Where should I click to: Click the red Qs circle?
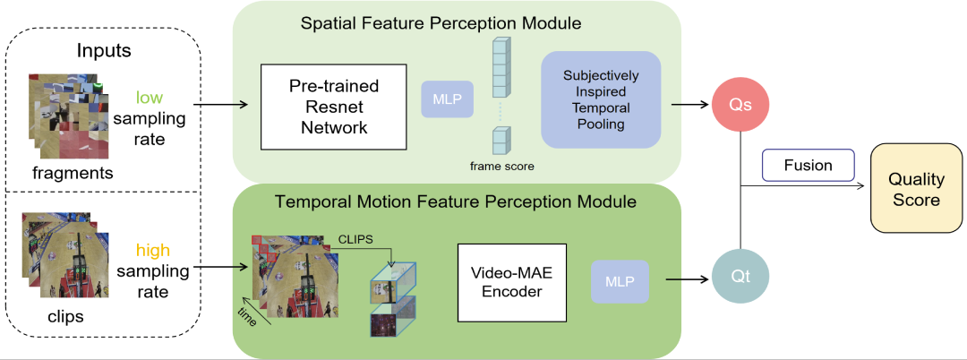[740, 105]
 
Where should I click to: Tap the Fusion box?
[809, 166]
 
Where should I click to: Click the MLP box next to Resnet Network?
[447, 99]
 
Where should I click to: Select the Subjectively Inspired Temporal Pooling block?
[600, 99]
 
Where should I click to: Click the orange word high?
[153, 250]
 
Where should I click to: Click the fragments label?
[73, 173]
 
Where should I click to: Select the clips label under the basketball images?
[65, 316]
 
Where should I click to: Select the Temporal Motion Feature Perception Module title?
[457, 201]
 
